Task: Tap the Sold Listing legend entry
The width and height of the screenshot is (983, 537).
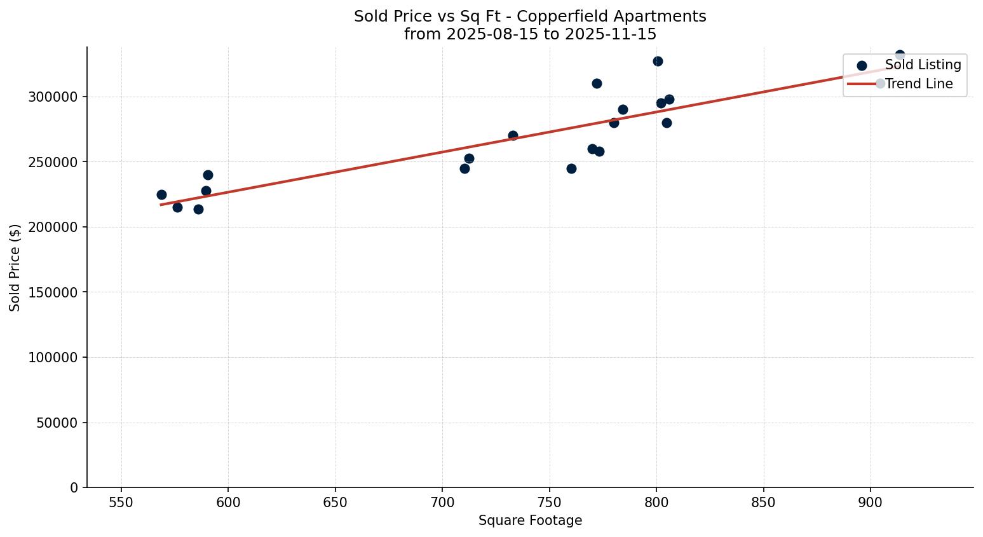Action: coord(923,65)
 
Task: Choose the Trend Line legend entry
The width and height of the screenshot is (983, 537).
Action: coord(918,84)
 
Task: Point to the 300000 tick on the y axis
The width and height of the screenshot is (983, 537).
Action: coord(53,97)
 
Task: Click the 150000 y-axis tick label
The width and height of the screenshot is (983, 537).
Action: coord(53,292)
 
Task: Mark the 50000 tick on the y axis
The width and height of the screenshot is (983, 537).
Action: coord(57,423)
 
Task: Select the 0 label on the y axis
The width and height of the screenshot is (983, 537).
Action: coord(74,488)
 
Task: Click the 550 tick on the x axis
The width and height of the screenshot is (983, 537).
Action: coord(121,502)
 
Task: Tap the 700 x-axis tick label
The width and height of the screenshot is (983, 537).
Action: coord(442,502)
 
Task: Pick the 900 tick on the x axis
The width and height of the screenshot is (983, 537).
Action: coord(870,502)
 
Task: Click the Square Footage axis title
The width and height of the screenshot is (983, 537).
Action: coord(530,521)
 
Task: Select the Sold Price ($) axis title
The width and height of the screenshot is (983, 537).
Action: coord(15,268)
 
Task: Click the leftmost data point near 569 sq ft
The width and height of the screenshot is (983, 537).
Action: coord(161,194)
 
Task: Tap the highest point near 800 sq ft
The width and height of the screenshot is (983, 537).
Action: coord(658,61)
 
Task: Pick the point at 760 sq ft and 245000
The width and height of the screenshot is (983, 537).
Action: coord(571,168)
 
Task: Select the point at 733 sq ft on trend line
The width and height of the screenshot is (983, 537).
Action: coord(513,135)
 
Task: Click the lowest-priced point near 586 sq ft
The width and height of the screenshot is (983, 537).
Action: coord(198,209)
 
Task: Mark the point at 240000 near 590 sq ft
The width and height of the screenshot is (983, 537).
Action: coord(208,175)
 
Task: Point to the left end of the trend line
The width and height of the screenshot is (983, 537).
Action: coord(161,205)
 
